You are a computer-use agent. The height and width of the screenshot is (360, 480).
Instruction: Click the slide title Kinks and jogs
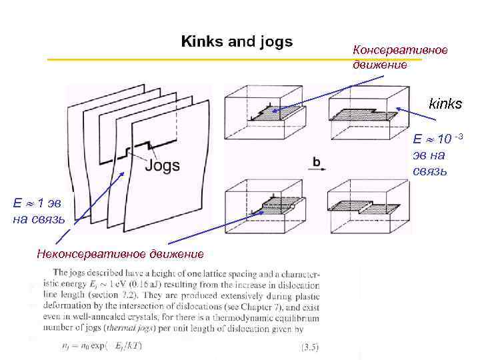(237, 42)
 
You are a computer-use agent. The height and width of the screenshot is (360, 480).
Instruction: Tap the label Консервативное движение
(400, 57)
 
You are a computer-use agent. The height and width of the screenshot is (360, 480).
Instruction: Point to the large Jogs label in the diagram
(161, 165)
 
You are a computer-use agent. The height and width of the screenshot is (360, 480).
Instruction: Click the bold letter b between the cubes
(317, 161)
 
